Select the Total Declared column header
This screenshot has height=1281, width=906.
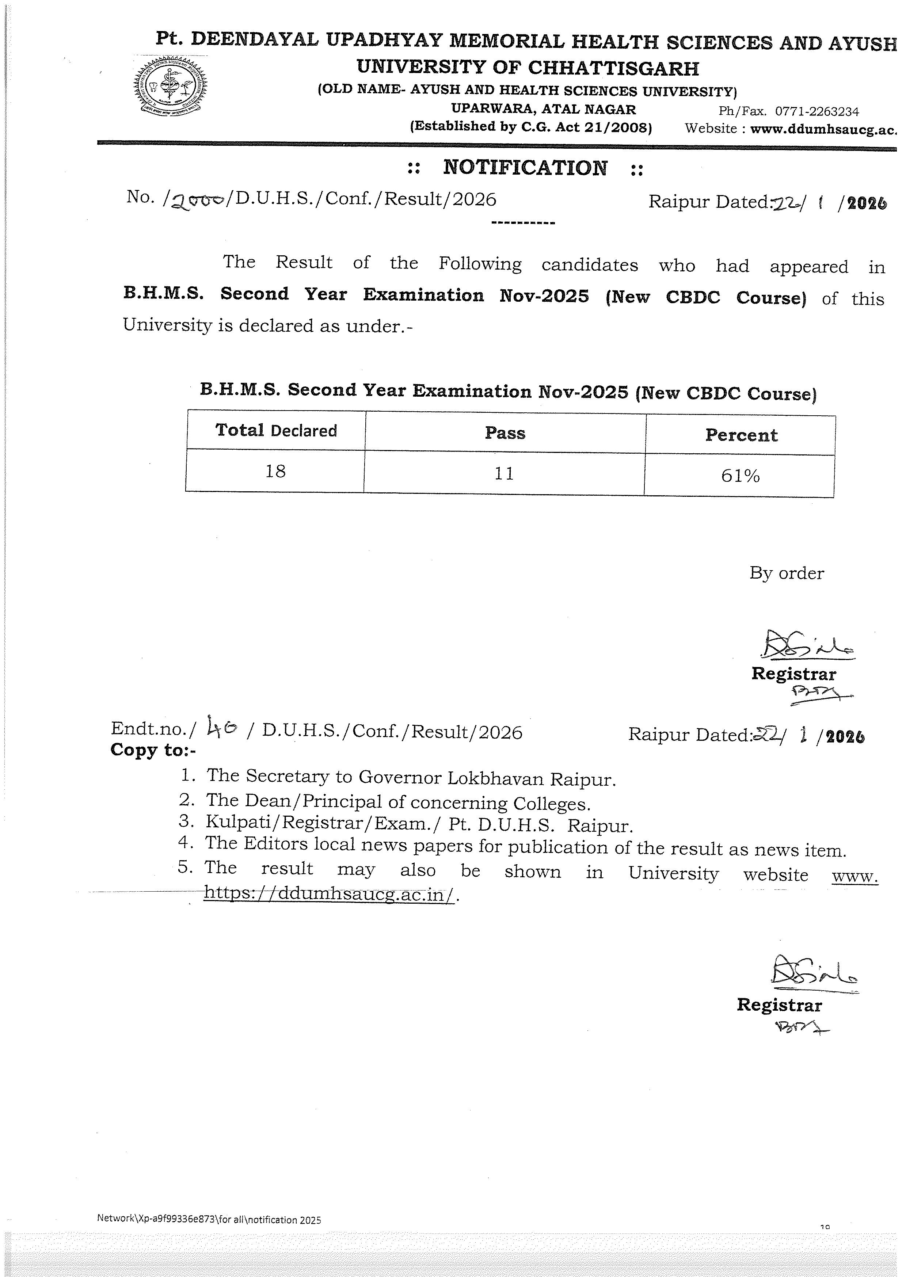(x=276, y=430)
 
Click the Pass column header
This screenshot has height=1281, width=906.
(x=505, y=433)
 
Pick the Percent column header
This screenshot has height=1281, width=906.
(x=741, y=435)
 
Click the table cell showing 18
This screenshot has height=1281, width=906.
(x=275, y=472)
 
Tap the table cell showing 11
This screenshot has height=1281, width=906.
(x=504, y=474)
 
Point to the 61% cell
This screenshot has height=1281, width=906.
(x=740, y=476)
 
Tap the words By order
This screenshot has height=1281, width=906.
(x=786, y=573)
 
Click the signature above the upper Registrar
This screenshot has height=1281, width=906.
(x=806, y=646)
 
